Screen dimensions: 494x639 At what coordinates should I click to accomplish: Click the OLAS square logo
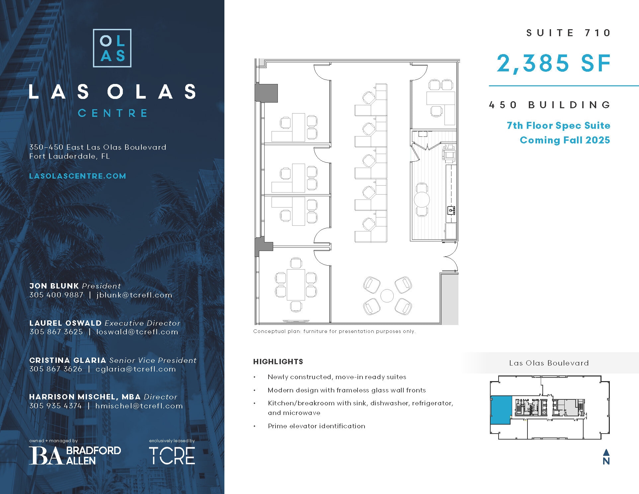(x=112, y=48)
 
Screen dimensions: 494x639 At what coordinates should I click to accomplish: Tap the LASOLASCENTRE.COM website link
(x=78, y=176)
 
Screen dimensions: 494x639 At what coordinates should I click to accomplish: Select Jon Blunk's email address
(x=134, y=295)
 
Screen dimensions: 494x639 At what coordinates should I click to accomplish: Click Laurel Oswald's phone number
(x=56, y=332)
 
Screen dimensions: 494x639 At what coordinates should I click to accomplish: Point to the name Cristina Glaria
(x=67, y=360)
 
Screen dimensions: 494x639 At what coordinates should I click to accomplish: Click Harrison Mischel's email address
(x=139, y=406)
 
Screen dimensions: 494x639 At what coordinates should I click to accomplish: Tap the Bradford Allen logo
(x=75, y=455)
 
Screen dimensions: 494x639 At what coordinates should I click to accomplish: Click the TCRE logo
(x=172, y=455)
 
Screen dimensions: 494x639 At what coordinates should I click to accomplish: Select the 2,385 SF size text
(x=554, y=63)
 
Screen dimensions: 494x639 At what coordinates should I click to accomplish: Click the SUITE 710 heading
(x=568, y=33)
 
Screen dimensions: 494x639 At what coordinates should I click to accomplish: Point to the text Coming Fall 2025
(x=565, y=140)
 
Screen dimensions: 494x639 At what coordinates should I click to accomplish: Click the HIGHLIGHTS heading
(x=278, y=362)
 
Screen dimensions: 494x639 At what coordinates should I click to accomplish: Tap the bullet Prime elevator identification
(x=316, y=426)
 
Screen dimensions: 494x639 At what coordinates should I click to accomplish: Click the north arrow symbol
(x=606, y=456)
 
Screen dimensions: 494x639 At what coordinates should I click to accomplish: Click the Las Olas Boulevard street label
(x=549, y=363)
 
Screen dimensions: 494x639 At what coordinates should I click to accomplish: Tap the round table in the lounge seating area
(x=387, y=296)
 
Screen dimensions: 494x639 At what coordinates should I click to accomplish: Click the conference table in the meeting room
(x=296, y=285)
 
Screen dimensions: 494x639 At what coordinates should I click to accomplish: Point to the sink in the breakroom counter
(x=451, y=210)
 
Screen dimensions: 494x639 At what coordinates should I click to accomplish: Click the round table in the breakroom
(x=422, y=200)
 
